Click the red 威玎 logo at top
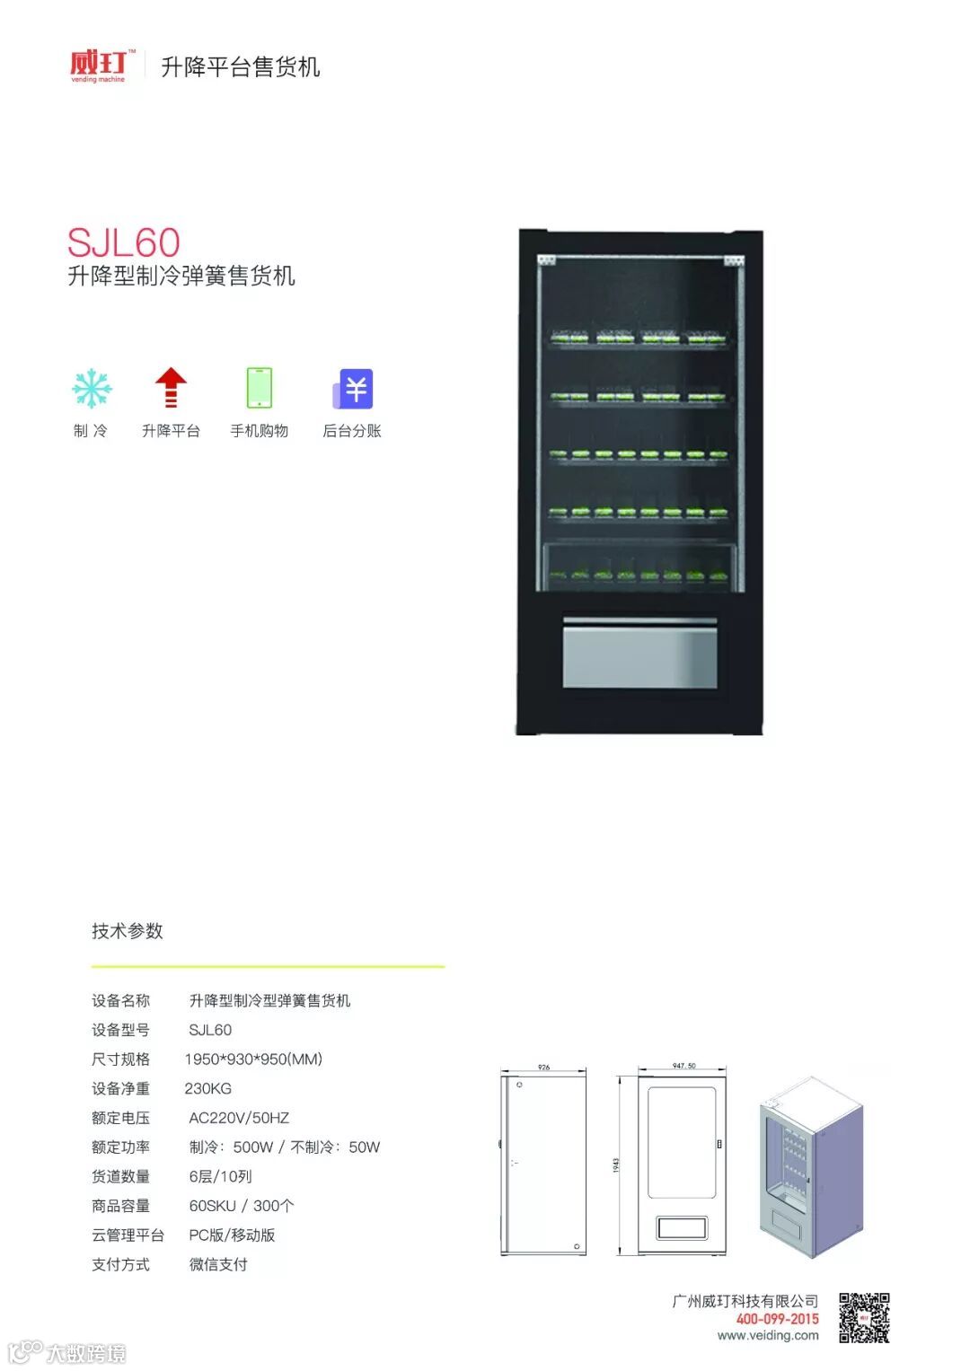click(x=98, y=66)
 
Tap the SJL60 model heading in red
click(x=124, y=242)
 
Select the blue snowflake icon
click(x=92, y=389)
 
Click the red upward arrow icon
click(x=171, y=388)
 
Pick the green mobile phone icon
click(x=259, y=388)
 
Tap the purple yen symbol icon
click(x=353, y=389)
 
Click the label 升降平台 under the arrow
click(x=171, y=431)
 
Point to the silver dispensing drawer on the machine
click(x=639, y=655)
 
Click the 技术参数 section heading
click(x=128, y=931)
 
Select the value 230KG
click(x=207, y=1088)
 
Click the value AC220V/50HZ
click(x=239, y=1118)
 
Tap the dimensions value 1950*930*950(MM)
click(x=253, y=1059)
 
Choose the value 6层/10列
click(x=220, y=1176)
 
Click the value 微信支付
click(x=218, y=1264)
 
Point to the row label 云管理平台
click(x=128, y=1235)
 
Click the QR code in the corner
click(x=864, y=1317)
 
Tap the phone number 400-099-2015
click(x=777, y=1319)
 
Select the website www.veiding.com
click(x=768, y=1335)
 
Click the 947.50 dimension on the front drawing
click(x=683, y=1066)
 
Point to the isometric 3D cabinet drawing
click(x=810, y=1167)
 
